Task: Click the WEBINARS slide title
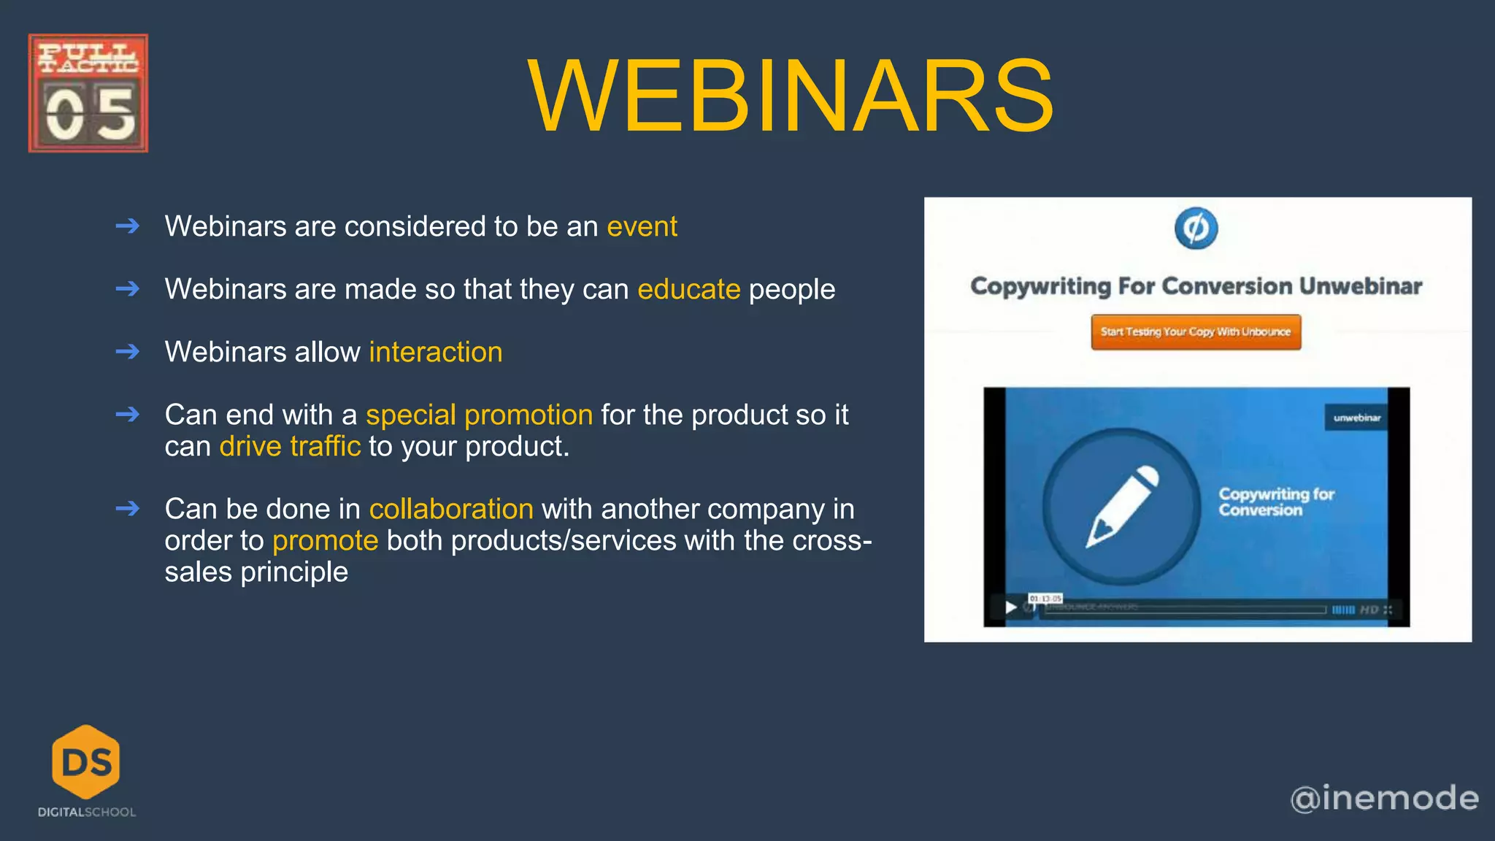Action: [x=790, y=97]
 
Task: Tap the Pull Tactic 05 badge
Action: [x=88, y=93]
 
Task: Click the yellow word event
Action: [x=642, y=226]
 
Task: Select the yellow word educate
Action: [x=688, y=289]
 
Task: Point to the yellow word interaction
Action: [x=435, y=352]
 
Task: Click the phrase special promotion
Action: [x=479, y=415]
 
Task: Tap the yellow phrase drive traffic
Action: [x=290, y=446]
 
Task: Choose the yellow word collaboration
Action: [x=450, y=509]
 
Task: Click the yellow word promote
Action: [x=325, y=540]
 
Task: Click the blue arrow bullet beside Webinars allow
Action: [x=128, y=352]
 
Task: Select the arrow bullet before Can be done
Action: [x=128, y=508]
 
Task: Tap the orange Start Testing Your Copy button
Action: [x=1196, y=332]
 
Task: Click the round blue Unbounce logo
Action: [x=1196, y=229]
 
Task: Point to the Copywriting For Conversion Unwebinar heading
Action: [x=1196, y=286]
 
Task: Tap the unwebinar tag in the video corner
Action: [x=1356, y=418]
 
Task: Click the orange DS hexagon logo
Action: [x=86, y=761]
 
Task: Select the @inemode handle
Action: [x=1384, y=798]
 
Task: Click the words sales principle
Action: [x=256, y=572]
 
